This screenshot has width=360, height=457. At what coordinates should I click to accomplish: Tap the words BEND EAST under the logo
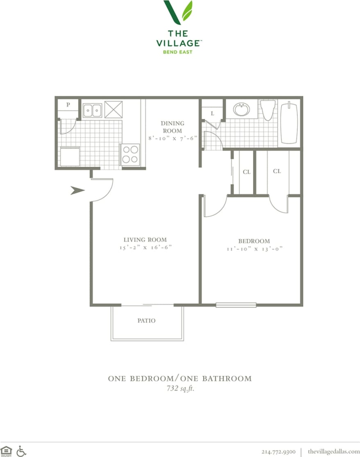178,52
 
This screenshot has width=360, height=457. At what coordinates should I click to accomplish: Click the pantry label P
68,105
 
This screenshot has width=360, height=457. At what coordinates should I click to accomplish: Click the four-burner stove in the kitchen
130,155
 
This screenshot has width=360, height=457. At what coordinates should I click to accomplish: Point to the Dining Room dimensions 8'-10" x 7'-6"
172,139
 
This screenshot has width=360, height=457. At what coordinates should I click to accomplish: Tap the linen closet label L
213,114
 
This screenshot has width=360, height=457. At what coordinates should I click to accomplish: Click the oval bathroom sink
241,109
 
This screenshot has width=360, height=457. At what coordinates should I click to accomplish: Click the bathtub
290,123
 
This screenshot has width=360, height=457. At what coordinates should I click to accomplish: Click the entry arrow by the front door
77,190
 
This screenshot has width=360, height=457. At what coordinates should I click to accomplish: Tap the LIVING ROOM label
145,240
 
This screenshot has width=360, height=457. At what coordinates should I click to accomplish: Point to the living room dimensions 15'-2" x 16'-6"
145,248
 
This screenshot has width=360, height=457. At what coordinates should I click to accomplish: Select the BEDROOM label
254,241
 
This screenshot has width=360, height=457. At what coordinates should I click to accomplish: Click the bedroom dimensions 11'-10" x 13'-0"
254,249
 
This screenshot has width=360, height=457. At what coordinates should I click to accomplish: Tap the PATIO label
146,321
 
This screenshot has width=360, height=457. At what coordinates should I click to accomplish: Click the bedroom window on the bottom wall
236,305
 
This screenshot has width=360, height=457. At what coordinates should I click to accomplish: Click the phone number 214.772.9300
278,451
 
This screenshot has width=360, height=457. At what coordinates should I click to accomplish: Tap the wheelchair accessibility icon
21,451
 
